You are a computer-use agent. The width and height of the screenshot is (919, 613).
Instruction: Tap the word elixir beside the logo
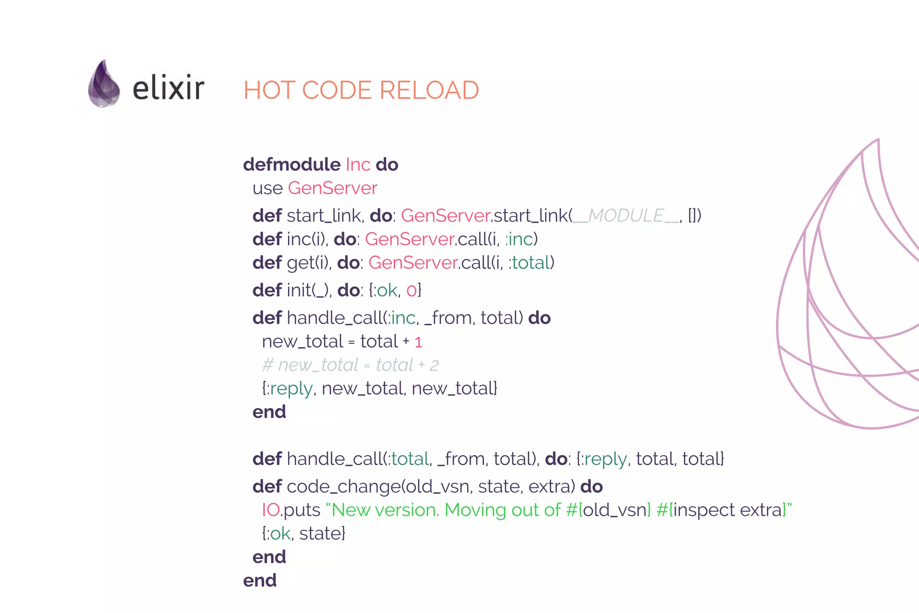coord(168,88)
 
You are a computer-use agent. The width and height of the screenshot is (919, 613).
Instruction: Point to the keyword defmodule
coord(292,165)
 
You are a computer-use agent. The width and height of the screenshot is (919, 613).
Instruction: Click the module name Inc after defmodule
coord(358,165)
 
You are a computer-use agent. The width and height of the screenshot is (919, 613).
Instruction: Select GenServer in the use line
coord(333,188)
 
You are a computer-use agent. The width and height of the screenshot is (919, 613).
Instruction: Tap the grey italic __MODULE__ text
coord(626,216)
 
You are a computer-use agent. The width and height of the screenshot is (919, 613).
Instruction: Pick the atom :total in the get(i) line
coord(530,263)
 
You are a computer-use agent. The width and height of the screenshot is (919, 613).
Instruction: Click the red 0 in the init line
coord(411,291)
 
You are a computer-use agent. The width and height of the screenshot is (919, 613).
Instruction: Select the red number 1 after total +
coord(418,342)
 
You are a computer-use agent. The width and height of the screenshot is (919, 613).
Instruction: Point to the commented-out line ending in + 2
coord(350,365)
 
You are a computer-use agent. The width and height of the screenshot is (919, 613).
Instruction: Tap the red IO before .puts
coord(271,510)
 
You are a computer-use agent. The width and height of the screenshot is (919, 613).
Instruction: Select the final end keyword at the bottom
coord(260,581)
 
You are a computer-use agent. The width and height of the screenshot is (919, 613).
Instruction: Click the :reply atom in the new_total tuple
coord(289,388)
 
